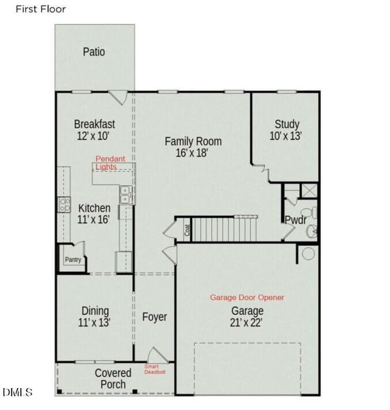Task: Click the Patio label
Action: [94, 52]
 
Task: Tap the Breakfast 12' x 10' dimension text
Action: [93, 136]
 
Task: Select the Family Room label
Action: [193, 141]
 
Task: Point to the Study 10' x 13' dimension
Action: [285, 136]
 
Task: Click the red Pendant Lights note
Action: [110, 163]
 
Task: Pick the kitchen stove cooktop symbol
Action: [64, 204]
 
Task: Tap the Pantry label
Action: [73, 260]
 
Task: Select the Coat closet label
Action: [187, 230]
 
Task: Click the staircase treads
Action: [225, 230]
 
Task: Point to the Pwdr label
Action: [295, 220]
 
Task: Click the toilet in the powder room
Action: [309, 213]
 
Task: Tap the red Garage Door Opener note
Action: [247, 297]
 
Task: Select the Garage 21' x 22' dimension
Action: [247, 323]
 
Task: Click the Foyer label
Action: [154, 317]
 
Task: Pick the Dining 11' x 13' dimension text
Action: [94, 322]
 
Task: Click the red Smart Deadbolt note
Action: [154, 369]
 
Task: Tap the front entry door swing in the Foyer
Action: [157, 355]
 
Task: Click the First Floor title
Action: [41, 9]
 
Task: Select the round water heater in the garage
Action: [308, 254]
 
